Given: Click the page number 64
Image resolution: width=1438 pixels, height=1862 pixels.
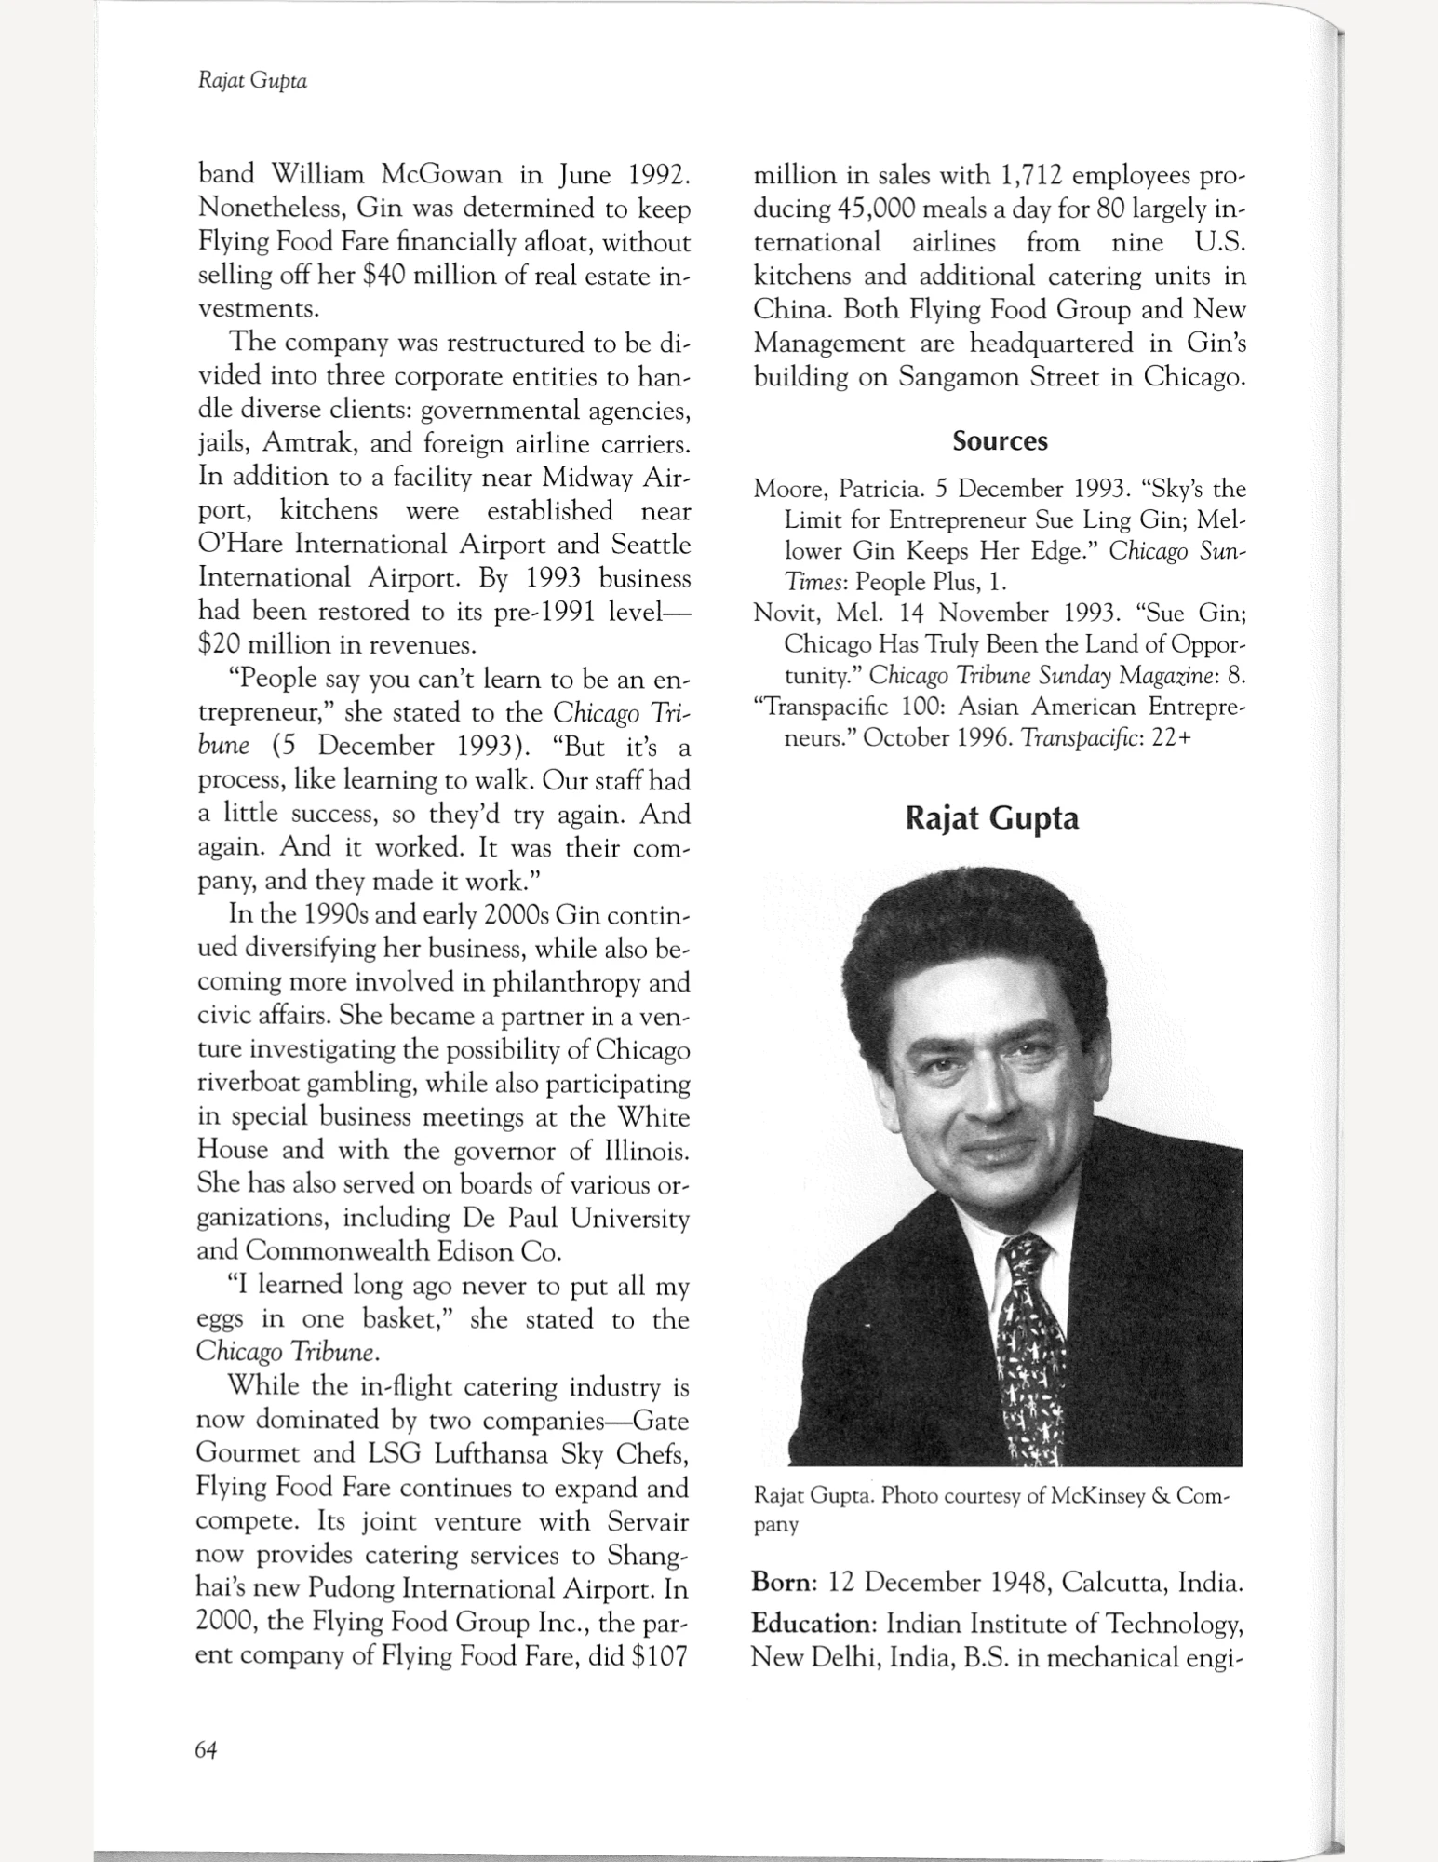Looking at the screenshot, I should tap(206, 1750).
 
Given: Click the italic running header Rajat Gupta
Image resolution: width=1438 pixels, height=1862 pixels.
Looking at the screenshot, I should tap(252, 81).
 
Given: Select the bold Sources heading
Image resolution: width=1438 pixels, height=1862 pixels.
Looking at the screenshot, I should tap(1000, 440).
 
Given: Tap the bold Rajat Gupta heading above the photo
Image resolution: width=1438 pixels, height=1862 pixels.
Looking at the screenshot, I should tap(992, 818).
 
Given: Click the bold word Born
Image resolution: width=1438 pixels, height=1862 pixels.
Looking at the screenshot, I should tap(784, 1582).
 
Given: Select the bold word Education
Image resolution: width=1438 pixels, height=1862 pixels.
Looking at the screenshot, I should tap(813, 1624).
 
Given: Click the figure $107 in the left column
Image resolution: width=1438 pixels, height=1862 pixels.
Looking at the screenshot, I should tap(658, 1656).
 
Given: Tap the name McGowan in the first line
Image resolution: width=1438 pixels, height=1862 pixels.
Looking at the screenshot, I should tap(442, 175).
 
